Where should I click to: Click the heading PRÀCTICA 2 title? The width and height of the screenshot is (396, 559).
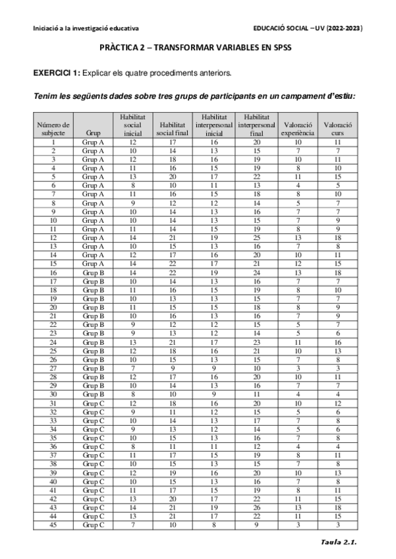click(198, 48)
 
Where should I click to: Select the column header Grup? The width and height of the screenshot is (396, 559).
click(93, 132)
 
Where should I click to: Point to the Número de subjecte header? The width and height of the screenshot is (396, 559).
click(53, 129)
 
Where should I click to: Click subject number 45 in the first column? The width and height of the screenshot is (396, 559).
click(53, 525)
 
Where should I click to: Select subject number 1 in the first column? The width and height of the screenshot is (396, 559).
click(53, 142)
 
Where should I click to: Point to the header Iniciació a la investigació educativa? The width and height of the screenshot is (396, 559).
click(76, 28)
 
